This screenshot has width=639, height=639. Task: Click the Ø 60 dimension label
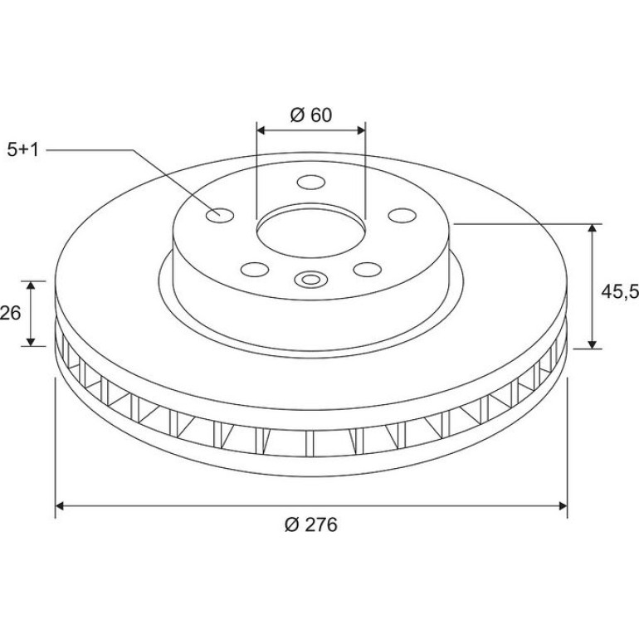pos(311,115)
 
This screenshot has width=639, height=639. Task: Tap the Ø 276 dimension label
pos(311,524)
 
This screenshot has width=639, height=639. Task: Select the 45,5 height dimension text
pos(620,291)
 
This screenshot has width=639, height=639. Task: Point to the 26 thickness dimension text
pos(10,313)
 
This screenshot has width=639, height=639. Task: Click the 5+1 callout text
pos(23,149)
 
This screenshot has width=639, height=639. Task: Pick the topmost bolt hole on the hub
pos(311,182)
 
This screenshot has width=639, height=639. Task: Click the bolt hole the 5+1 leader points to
pos(220,215)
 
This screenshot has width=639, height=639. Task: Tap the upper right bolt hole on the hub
pos(402,215)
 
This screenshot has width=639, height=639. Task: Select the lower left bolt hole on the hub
pos(255,270)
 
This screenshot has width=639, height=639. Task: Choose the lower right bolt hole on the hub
pos(368,270)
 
